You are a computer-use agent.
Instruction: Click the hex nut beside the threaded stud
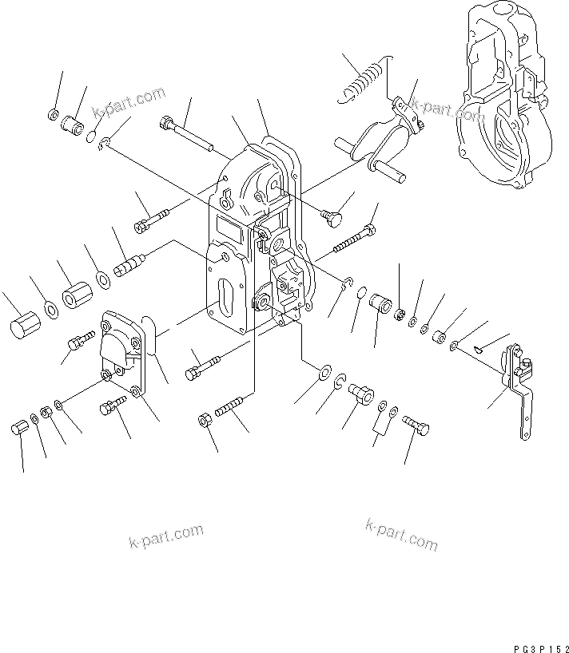[205, 418]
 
